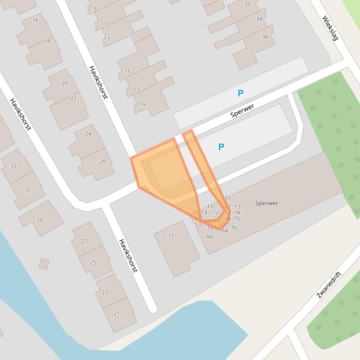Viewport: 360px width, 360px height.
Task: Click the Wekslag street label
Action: tap(330, 28)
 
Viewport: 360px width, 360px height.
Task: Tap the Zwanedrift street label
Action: tap(329, 284)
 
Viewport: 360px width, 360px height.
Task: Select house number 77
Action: tap(171, 236)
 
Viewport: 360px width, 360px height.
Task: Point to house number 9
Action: tap(95, 8)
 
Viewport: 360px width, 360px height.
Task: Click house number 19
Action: tap(142, 105)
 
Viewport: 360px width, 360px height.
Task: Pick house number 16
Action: tap(36, 20)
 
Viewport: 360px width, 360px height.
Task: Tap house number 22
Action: tap(73, 98)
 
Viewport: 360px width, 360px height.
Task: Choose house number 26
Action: tap(103, 161)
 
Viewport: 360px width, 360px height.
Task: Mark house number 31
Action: tap(28, 190)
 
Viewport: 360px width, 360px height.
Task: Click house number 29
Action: tap(39, 220)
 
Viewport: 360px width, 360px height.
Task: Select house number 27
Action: tap(84, 241)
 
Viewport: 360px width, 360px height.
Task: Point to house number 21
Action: tap(117, 313)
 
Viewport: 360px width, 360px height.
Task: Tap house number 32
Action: tap(247, 4)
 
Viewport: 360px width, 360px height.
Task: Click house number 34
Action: tap(259, 19)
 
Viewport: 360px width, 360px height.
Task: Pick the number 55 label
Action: tap(228, 198)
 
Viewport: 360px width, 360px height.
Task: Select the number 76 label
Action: tap(234, 228)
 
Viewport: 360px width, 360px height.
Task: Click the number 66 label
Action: tap(210, 236)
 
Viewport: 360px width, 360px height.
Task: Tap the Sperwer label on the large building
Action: tap(266, 203)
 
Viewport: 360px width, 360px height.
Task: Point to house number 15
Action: tap(127, 72)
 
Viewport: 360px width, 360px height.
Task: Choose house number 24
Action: tap(88, 134)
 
